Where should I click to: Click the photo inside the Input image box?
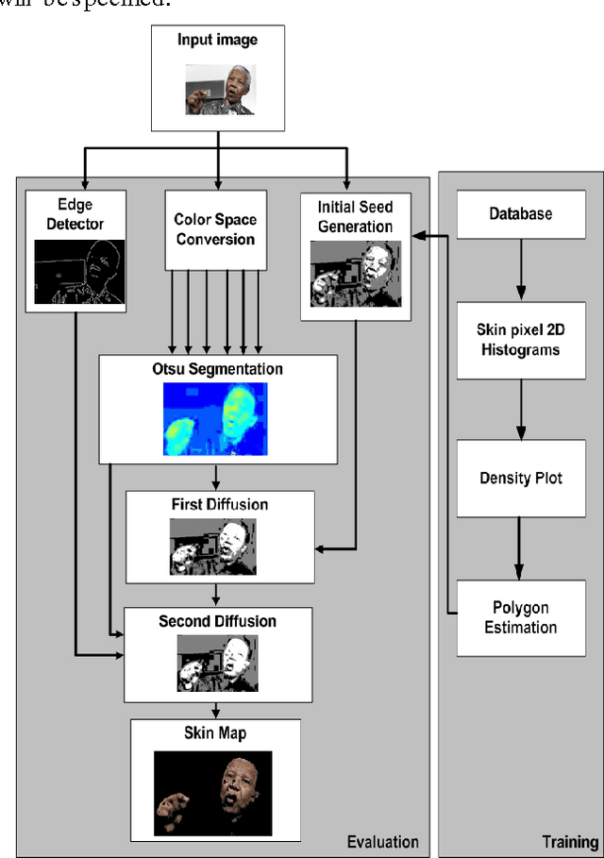click(x=219, y=90)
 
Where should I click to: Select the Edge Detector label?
click(x=75, y=215)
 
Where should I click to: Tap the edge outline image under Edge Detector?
click(x=80, y=271)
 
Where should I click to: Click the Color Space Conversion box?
click(x=215, y=229)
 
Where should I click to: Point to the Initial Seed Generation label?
click(x=355, y=216)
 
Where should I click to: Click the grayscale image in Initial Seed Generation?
click(x=356, y=273)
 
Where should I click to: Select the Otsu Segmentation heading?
click(x=218, y=368)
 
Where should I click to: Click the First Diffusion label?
click(x=220, y=504)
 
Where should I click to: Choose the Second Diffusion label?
click(x=218, y=621)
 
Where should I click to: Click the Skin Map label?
click(x=214, y=733)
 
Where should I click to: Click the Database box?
click(x=520, y=214)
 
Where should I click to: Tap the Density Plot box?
click(x=520, y=478)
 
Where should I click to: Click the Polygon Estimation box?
click(x=520, y=618)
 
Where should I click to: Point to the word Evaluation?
click(x=382, y=842)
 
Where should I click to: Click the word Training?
click(x=570, y=842)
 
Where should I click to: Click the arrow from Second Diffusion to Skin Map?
click(x=216, y=709)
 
